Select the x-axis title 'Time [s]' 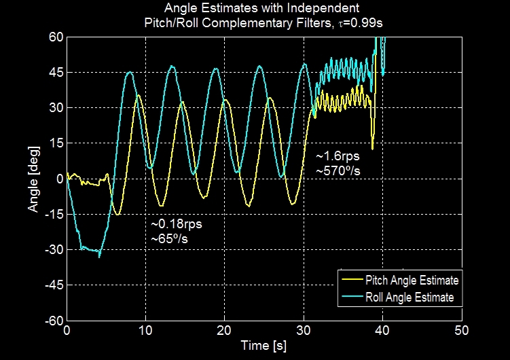[x=263, y=346]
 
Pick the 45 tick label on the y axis [x=54, y=72]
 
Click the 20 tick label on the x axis [x=224, y=330]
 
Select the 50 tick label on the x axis [x=461, y=330]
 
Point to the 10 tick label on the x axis [x=145, y=330]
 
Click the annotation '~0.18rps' [x=177, y=223]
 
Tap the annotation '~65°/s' [x=172, y=238]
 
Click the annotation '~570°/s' [x=338, y=171]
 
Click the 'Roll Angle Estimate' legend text [x=409, y=297]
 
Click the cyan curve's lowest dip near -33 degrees [x=99, y=257]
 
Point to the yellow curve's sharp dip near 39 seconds [x=372, y=148]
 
